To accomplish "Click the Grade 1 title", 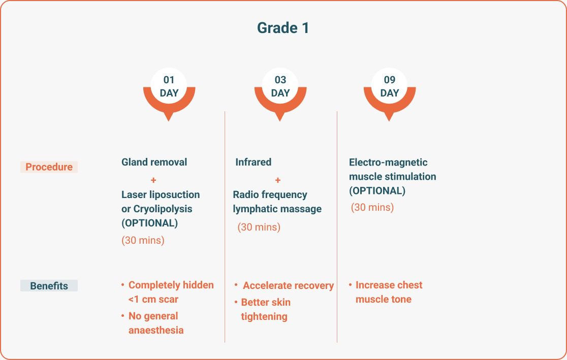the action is [x=283, y=28].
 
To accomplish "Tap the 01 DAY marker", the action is [x=169, y=94].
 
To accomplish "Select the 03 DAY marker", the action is [x=280, y=94].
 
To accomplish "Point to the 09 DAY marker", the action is [x=390, y=94].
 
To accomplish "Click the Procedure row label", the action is [x=49, y=167].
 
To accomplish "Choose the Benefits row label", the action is [x=49, y=286].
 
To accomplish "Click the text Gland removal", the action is [x=154, y=162].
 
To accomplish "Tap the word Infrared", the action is [x=253, y=162].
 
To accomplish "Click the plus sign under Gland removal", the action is [x=153, y=180].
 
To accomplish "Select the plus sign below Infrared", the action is [x=278, y=180].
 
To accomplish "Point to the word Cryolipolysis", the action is [x=163, y=209].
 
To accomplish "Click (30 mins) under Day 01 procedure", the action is [x=143, y=240].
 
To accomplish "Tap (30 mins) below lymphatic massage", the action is [x=259, y=227].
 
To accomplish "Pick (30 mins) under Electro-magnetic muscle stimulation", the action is [x=372, y=208].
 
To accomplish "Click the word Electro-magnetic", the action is [x=388, y=162].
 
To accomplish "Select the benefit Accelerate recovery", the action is [x=288, y=285].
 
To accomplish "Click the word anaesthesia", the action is [x=156, y=331].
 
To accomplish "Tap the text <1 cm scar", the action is [x=153, y=299].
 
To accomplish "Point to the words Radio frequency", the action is [x=270, y=195].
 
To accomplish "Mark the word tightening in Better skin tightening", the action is [x=264, y=317].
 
